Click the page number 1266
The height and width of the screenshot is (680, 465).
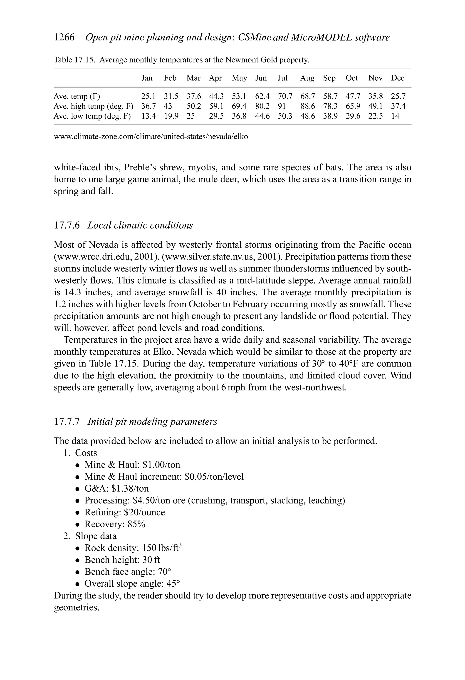click(64, 37)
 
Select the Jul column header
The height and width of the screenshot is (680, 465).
click(282, 78)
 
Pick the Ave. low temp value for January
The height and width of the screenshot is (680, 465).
click(148, 116)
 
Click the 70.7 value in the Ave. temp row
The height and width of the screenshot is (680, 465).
click(285, 96)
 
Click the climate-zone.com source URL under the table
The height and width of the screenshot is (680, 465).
click(151, 136)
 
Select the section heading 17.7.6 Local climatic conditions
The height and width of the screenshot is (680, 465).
click(124, 225)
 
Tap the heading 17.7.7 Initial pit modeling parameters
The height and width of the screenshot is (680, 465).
click(136, 422)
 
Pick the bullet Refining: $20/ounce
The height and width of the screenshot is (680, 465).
click(125, 512)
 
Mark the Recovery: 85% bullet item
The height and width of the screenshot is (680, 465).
click(115, 524)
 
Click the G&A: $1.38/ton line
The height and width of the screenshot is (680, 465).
click(116, 488)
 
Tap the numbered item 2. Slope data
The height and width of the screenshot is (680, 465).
click(90, 536)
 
